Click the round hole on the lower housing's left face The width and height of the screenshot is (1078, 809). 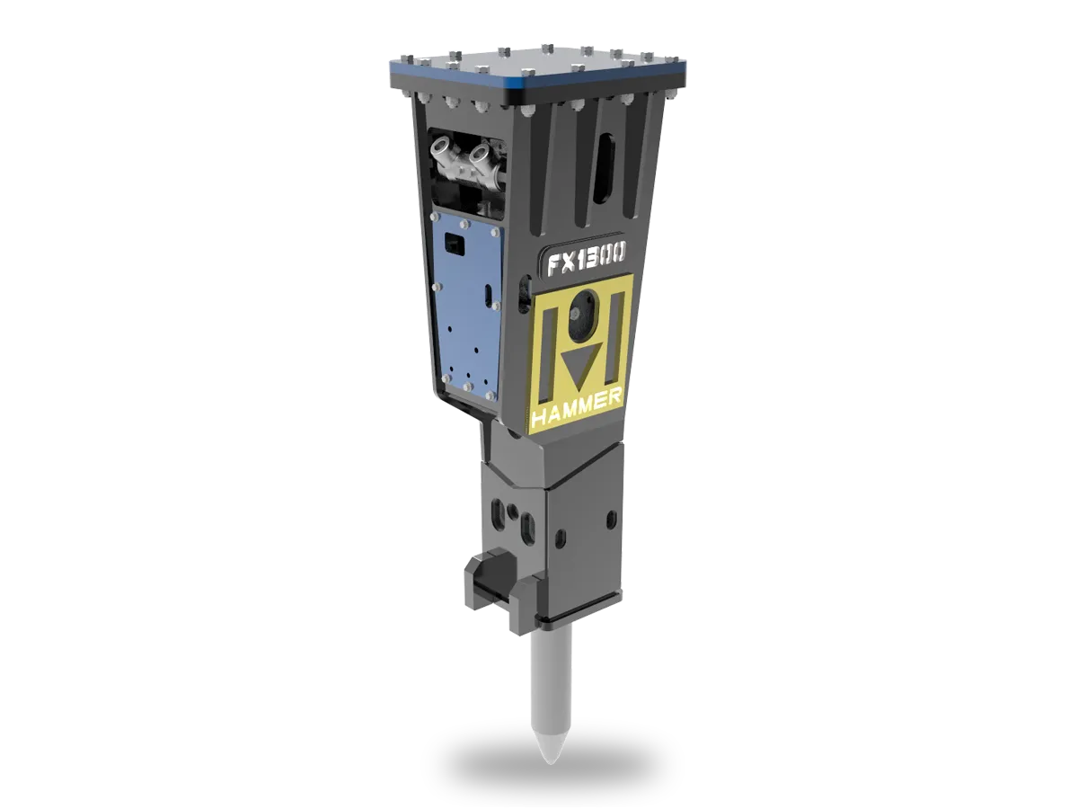click(x=513, y=511)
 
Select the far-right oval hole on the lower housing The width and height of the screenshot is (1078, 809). click(x=612, y=519)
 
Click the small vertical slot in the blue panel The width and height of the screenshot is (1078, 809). click(x=486, y=296)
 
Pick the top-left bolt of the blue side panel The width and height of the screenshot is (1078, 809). click(x=438, y=214)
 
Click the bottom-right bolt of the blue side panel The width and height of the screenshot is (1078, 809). click(x=490, y=395)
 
